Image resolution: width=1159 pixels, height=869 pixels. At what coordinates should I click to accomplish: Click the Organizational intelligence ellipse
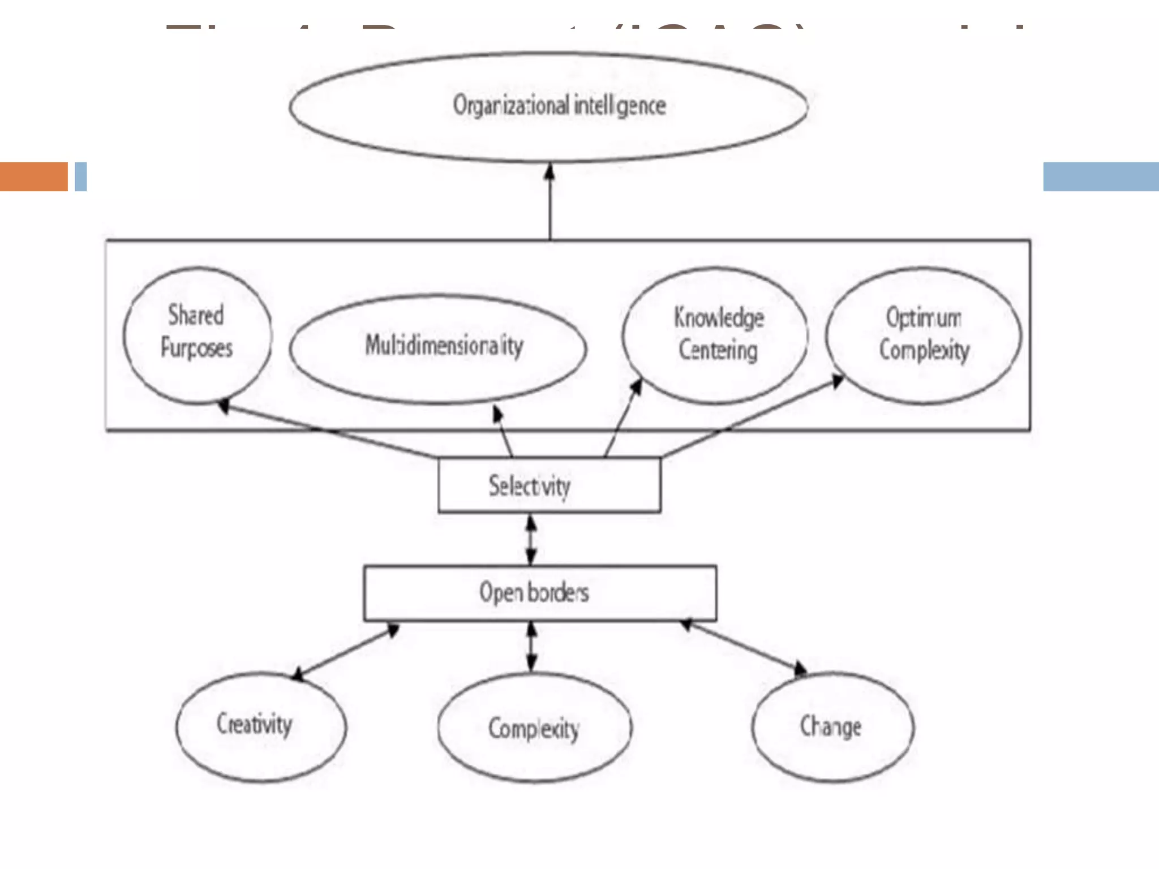[x=548, y=106]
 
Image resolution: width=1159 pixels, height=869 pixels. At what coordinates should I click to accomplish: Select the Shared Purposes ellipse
[x=197, y=335]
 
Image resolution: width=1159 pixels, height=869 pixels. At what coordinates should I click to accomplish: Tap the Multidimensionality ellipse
[x=438, y=347]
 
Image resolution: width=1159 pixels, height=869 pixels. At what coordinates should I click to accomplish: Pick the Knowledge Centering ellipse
[x=715, y=335]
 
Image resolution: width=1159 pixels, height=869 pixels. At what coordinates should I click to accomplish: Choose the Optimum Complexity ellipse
[x=924, y=335]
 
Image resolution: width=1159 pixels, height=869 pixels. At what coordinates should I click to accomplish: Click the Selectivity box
[x=549, y=485]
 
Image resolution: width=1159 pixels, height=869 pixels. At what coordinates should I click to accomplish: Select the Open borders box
[x=540, y=592]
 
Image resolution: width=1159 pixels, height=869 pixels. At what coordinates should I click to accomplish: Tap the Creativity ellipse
[x=261, y=726]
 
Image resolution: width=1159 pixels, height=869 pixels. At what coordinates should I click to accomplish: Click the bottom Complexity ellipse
[x=534, y=728]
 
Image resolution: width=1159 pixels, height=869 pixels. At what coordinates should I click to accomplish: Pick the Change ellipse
[x=832, y=726]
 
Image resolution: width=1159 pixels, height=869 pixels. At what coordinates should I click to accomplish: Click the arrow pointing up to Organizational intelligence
[x=550, y=201]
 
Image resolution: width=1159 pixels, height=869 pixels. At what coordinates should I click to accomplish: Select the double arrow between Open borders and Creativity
[x=345, y=651]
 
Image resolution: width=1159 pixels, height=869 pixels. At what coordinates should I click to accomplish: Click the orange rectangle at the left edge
[x=33, y=177]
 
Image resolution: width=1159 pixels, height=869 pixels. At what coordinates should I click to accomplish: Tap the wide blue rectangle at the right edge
[x=1100, y=177]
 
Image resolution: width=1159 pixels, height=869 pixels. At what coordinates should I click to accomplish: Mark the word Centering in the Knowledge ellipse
[x=718, y=350]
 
